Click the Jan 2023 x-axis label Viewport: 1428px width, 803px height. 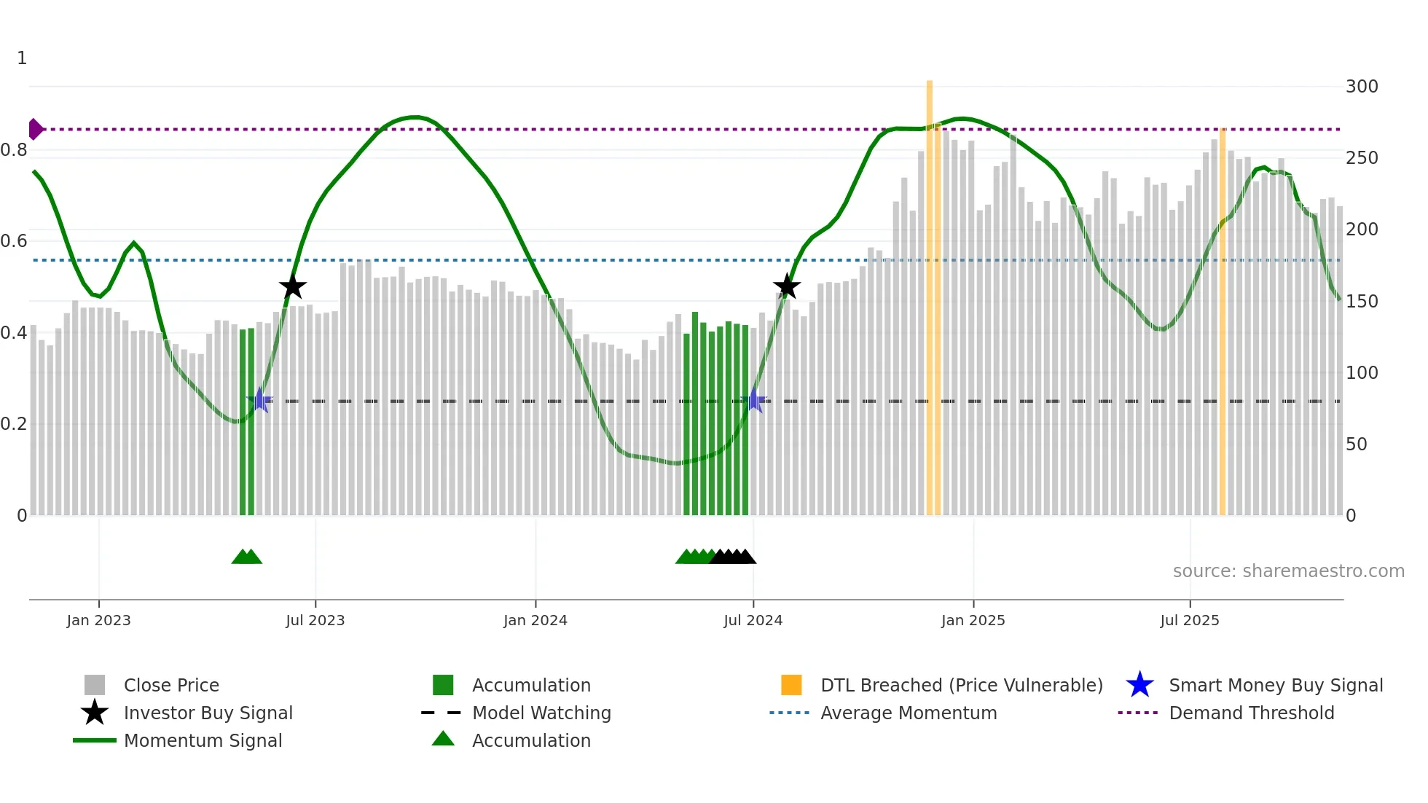pyautogui.click(x=98, y=620)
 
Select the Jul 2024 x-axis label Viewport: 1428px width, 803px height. pyautogui.click(x=753, y=620)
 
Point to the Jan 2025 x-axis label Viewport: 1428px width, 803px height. pyautogui.click(x=973, y=620)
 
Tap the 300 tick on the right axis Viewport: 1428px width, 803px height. pyautogui.click(x=1361, y=87)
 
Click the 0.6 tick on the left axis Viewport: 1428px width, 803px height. pyautogui.click(x=14, y=241)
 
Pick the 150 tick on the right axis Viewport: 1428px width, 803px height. pyautogui.click(x=1361, y=302)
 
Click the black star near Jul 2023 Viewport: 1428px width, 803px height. pyautogui.click(x=292, y=287)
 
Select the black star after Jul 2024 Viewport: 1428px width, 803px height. pyautogui.click(x=787, y=286)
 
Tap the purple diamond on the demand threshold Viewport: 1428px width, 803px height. pyautogui.click(x=35, y=129)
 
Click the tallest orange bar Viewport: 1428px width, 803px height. pyautogui.click(x=930, y=291)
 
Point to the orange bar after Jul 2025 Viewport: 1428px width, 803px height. pyautogui.click(x=1222, y=321)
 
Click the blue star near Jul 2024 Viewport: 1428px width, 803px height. pyautogui.click(x=756, y=401)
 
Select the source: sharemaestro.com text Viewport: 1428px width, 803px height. pyautogui.click(x=1288, y=571)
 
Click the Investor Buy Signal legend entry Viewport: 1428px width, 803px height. pyautogui.click(x=208, y=713)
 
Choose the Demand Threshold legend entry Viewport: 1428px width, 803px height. pyautogui.click(x=1251, y=713)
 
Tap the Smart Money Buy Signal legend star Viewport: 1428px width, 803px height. pyautogui.click(x=1139, y=685)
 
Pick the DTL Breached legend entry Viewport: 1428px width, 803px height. pyautogui.click(x=961, y=685)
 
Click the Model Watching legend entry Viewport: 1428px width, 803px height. pyautogui.click(x=541, y=713)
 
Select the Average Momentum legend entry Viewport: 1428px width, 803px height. pyautogui.click(x=908, y=713)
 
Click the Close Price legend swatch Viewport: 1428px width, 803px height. pyautogui.click(x=95, y=685)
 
